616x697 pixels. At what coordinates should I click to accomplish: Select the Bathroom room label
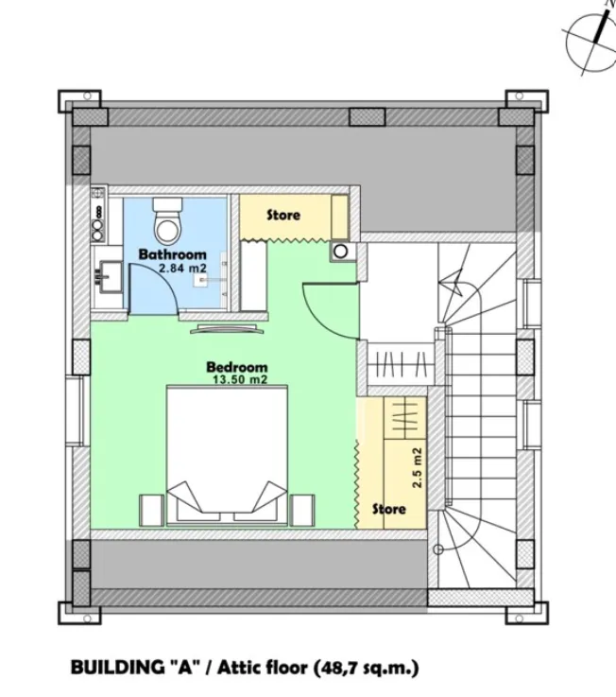[172, 254]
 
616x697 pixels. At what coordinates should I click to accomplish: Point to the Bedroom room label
[236, 367]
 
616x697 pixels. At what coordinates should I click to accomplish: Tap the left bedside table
[152, 509]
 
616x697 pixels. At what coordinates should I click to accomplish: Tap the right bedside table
[302, 509]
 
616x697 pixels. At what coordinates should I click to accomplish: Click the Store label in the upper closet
[282, 215]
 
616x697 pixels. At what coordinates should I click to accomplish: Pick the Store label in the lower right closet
[387, 509]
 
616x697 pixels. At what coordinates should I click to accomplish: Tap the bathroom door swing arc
[151, 288]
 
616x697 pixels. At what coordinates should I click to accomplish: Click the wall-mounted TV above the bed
[222, 329]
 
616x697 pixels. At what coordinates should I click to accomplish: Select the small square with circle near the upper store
[339, 252]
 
